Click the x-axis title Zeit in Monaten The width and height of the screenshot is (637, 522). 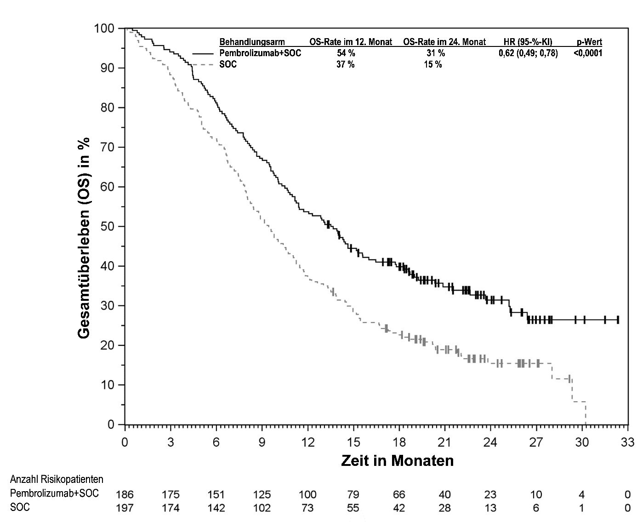[x=397, y=460]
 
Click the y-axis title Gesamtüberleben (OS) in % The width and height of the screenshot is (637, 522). [x=85, y=238]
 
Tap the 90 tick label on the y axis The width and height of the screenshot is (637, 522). [x=104, y=68]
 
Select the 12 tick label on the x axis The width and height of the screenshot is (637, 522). [x=308, y=442]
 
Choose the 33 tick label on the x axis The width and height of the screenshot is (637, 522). [x=627, y=442]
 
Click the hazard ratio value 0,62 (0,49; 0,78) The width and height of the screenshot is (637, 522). [x=528, y=53]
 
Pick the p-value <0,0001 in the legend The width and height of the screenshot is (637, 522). [x=588, y=53]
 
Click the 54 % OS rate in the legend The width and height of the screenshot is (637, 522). [x=346, y=53]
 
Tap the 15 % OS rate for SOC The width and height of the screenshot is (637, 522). [x=432, y=64]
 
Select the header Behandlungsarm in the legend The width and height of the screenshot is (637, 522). [x=252, y=42]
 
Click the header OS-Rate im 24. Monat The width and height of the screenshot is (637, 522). [x=444, y=42]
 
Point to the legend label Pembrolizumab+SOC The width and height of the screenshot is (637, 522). [x=260, y=53]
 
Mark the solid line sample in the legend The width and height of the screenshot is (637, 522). [x=203, y=54]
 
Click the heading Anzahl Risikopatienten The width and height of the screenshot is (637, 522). [x=57, y=479]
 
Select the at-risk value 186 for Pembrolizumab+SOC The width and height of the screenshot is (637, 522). [x=125, y=494]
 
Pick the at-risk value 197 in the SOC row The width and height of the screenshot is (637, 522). [x=125, y=508]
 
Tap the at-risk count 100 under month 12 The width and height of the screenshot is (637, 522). [x=307, y=494]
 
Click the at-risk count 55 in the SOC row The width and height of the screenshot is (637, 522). [x=353, y=508]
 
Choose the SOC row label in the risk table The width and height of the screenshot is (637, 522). [x=20, y=508]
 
